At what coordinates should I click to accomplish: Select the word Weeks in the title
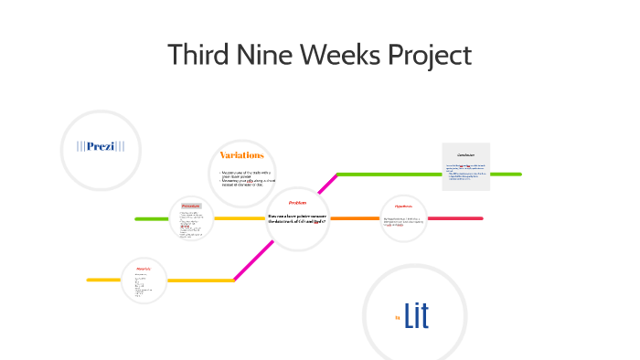tap(337, 56)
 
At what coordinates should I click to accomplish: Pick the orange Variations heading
tap(241, 155)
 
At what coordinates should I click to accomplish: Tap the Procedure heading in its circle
tap(191, 206)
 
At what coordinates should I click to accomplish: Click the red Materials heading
tap(144, 269)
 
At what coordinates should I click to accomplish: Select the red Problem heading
tap(297, 203)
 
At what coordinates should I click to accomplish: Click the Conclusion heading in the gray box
tap(465, 155)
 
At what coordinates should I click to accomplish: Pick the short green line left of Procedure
tap(152, 218)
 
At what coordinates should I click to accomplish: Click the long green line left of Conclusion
tap(389, 174)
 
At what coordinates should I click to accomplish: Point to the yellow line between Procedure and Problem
tap(240, 218)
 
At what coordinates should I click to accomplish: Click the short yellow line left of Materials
tap(103, 280)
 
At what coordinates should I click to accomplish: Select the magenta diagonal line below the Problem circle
tap(251, 262)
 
